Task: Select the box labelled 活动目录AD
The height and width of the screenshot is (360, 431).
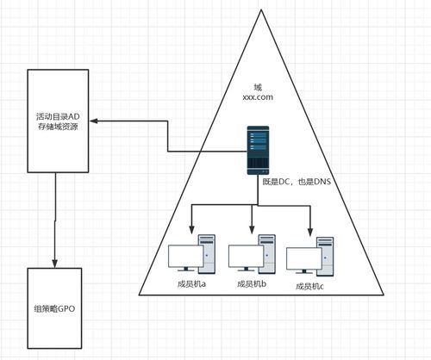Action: tap(57, 120)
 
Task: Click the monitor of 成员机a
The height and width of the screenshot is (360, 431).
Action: tap(183, 258)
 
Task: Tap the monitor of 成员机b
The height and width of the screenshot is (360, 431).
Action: tap(244, 258)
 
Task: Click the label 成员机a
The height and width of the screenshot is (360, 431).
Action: tap(191, 283)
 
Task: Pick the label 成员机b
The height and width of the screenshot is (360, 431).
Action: tap(252, 283)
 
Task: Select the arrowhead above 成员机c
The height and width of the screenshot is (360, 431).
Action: tap(310, 231)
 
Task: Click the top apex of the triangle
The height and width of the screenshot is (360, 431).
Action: tap(260, 10)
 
